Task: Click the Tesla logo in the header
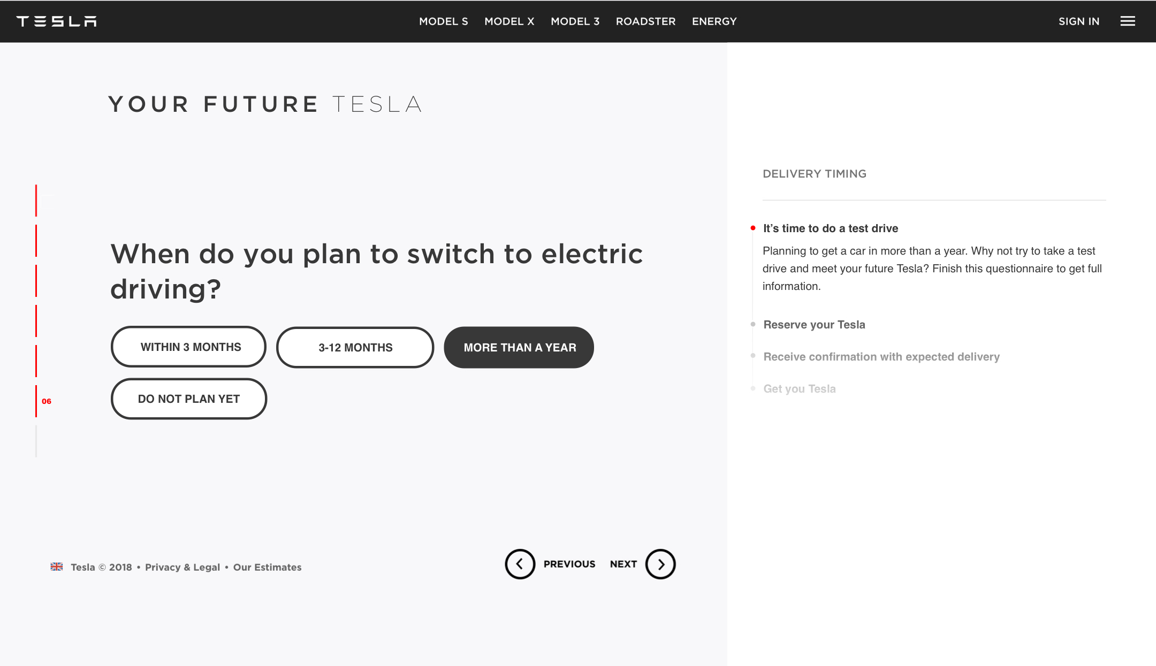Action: click(56, 21)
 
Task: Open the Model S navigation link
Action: click(443, 21)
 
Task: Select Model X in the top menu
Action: click(509, 21)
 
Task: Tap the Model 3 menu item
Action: click(575, 21)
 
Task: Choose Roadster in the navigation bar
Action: click(645, 21)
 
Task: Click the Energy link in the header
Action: click(714, 21)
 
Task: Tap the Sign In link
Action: click(1078, 21)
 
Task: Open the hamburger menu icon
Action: click(1128, 21)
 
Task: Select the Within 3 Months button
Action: click(188, 347)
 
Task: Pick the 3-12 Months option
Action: click(355, 347)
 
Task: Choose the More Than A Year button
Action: click(519, 347)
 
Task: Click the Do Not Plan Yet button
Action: click(188, 399)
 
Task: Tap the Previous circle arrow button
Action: click(520, 564)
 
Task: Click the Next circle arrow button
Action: click(660, 564)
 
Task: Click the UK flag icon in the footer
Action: click(56, 567)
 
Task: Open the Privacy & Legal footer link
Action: click(182, 567)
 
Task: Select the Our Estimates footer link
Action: click(267, 567)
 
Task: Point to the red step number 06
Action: click(47, 401)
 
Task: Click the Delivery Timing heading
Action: click(814, 174)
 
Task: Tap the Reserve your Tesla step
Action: click(814, 325)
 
